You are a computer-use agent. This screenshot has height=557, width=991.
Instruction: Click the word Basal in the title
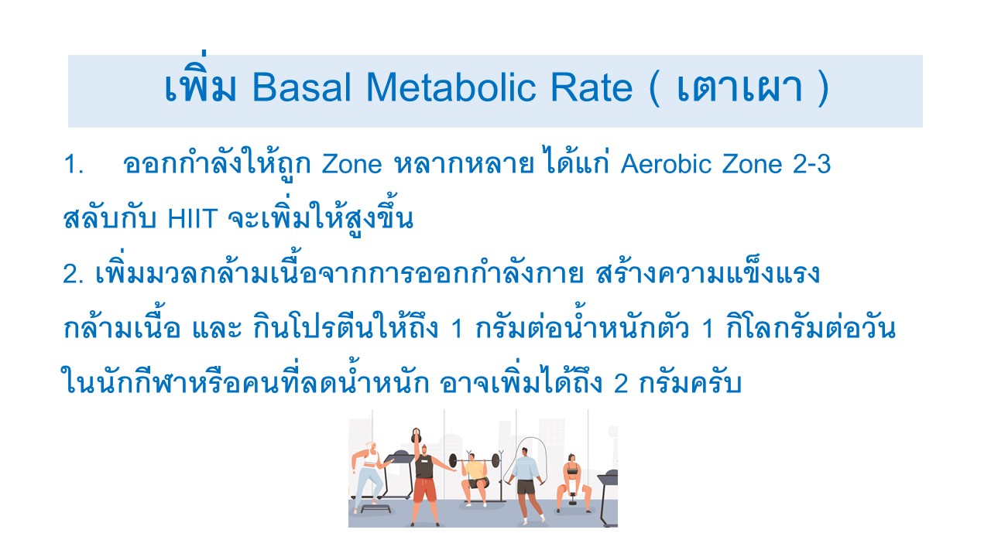point(301,87)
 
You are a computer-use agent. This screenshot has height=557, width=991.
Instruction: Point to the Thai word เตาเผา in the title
point(739,88)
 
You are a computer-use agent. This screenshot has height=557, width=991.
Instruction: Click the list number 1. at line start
point(74,164)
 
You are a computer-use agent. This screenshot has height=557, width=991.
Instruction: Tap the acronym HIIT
point(193,218)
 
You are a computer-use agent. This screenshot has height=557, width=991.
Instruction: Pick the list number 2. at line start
point(74,274)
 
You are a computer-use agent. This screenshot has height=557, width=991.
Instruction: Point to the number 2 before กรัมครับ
point(621,383)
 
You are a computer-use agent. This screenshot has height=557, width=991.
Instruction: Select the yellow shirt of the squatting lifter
point(475,469)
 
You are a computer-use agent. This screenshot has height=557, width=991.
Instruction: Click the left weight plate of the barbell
point(453,461)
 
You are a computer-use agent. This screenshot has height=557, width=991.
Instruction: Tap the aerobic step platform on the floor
point(375,509)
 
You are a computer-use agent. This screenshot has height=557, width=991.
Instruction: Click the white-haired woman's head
point(370,446)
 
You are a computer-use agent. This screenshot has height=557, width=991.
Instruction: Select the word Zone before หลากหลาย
point(351,164)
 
